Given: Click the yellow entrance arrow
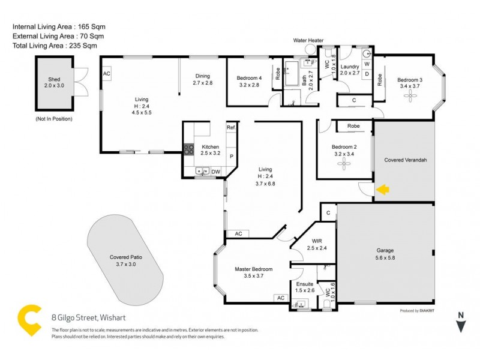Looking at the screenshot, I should click(x=382, y=190).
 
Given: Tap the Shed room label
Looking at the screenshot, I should click(x=54, y=82).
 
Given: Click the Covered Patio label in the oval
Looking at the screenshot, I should click(x=125, y=260).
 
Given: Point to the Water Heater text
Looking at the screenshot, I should click(x=308, y=40).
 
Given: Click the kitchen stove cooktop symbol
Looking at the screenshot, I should click(x=188, y=149).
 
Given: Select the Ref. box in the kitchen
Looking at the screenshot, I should click(x=231, y=128).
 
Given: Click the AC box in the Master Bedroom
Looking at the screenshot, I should click(x=280, y=298).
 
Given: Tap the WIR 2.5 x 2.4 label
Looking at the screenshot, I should click(x=315, y=244).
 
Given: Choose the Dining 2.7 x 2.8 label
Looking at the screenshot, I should click(x=203, y=79).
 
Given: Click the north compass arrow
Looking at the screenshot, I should click(x=461, y=325).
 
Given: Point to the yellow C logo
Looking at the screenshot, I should click(x=27, y=320).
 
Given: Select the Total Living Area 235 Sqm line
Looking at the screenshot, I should click(x=55, y=46).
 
